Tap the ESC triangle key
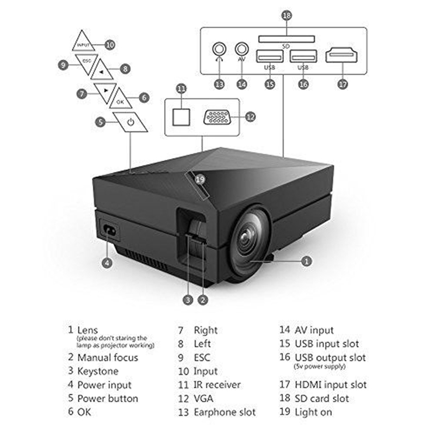point(86,61)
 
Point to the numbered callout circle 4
point(108,263)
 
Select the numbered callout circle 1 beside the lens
point(307,262)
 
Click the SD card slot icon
point(286,39)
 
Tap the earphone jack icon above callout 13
point(220,49)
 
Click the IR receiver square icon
point(181,116)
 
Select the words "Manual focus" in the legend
point(108,357)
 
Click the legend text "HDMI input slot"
point(331,384)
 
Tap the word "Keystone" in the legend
point(98,371)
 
